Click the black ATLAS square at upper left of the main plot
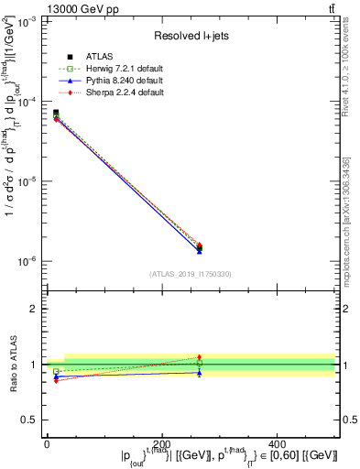click(x=56, y=113)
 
